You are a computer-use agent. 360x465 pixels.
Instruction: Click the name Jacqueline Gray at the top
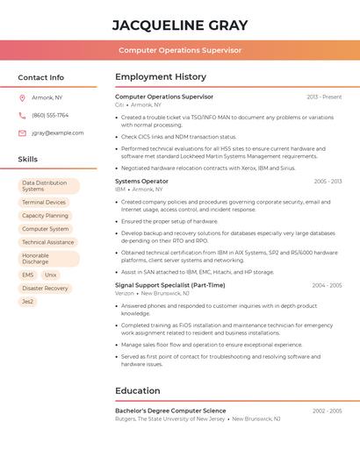[180, 25]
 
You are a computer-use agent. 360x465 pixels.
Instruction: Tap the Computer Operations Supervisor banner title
[180, 50]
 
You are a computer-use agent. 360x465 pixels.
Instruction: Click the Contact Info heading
[40, 77]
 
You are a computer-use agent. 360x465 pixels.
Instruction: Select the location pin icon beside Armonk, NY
[22, 97]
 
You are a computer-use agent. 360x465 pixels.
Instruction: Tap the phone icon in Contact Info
[22, 115]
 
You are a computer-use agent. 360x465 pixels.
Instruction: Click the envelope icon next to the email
[22, 133]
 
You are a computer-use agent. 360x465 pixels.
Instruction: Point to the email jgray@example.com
[57, 133]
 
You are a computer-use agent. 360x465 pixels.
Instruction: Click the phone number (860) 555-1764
[50, 115]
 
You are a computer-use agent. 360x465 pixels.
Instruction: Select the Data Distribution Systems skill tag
[48, 186]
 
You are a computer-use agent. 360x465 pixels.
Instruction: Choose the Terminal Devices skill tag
[44, 202]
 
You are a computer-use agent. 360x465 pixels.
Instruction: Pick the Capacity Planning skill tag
[45, 215]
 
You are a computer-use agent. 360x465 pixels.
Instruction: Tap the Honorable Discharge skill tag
[48, 259]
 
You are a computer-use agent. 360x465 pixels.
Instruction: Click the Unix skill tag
[51, 275]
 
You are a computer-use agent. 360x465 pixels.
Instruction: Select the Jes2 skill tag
[28, 302]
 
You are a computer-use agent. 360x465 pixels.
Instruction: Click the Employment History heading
[161, 77]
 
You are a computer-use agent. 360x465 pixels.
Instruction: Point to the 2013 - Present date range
[324, 97]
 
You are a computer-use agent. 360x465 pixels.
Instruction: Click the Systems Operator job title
[141, 181]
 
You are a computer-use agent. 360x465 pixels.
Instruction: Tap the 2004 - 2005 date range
[327, 285]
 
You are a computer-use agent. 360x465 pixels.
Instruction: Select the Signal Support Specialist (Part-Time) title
[169, 285]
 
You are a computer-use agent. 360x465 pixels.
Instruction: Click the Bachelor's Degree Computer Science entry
[170, 411]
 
